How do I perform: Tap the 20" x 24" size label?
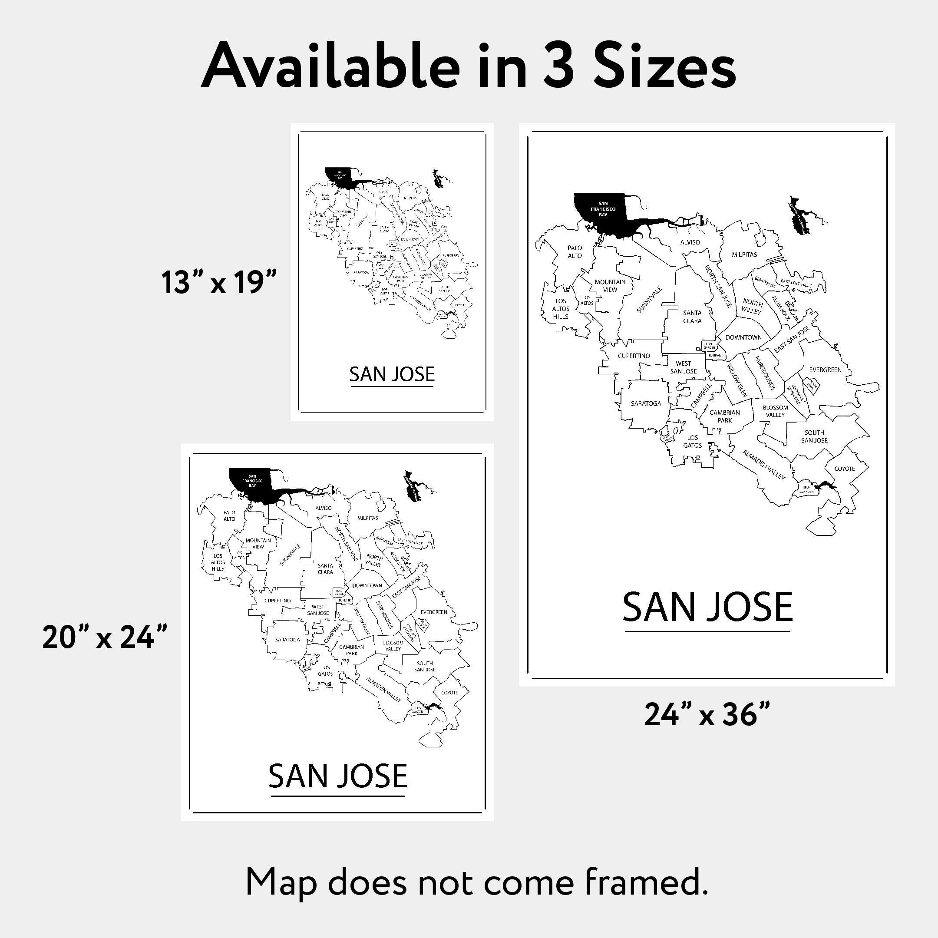[x=105, y=637]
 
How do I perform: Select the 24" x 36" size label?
[x=707, y=715]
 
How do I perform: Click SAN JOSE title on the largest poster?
[x=707, y=607]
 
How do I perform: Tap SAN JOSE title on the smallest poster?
[x=392, y=374]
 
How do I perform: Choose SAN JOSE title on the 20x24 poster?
[x=337, y=776]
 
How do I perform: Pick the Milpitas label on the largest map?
[x=744, y=254]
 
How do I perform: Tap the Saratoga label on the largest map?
[x=646, y=403]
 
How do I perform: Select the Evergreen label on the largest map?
[x=825, y=370]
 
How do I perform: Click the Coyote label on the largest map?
[x=844, y=469]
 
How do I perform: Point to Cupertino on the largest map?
[x=634, y=356]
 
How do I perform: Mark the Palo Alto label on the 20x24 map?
[x=229, y=515]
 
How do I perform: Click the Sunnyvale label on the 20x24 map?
[x=291, y=555]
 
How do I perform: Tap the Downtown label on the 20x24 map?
[x=367, y=585]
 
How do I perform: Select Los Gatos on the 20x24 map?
[x=325, y=670]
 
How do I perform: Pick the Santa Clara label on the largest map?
[x=692, y=317]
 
